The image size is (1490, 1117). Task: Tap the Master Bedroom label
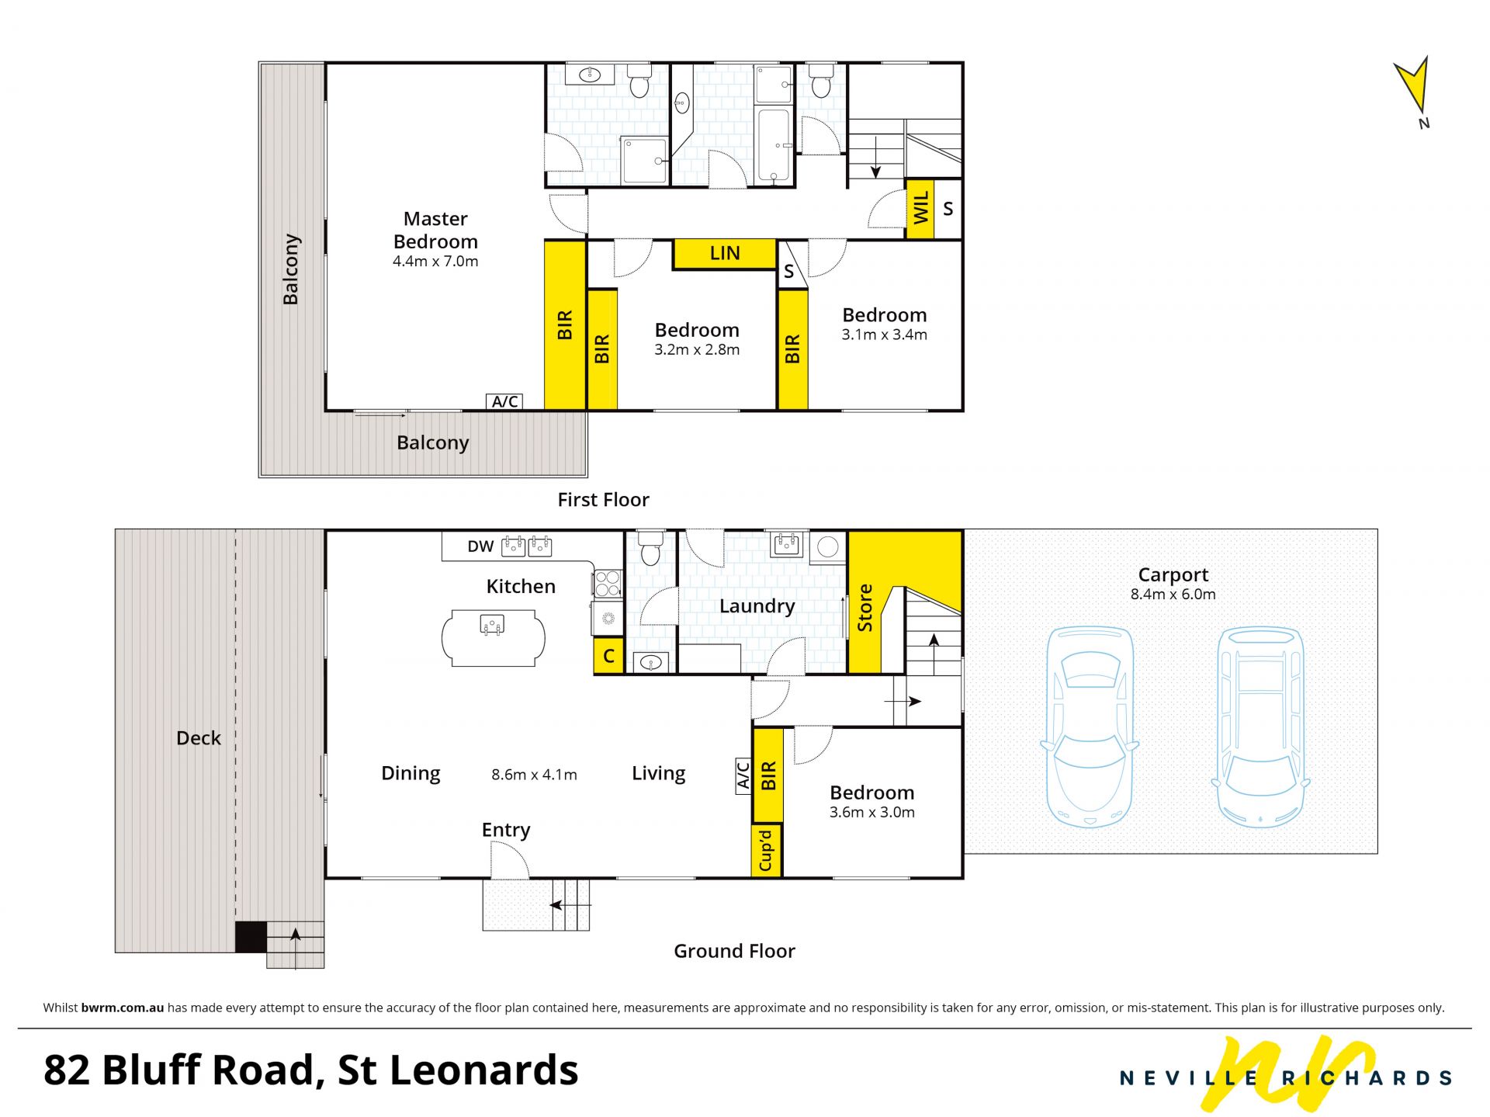pos(435,230)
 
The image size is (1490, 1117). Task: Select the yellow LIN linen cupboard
pos(724,253)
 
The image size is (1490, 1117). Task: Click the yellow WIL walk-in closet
pos(920,209)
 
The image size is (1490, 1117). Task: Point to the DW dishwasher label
pos(480,546)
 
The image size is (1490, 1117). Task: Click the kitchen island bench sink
pos(492,625)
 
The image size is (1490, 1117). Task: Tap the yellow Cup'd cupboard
pos(767,851)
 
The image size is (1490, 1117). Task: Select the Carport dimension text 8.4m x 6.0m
pos(1173,595)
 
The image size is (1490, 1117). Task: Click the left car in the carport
pos(1090,727)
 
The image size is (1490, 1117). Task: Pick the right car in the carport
pos(1260,727)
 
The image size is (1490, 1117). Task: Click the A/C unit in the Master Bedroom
pos(504,401)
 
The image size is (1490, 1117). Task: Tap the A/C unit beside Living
pos(743,775)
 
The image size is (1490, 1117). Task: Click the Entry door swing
pos(510,861)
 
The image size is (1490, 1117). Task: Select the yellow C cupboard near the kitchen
pos(608,656)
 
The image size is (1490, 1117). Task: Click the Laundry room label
pos(757,606)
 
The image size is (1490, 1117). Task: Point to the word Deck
pos(199,738)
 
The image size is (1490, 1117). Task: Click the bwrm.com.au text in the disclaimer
pos(123,1008)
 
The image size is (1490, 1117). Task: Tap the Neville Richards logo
pos(1285,1074)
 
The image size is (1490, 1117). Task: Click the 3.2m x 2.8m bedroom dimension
pos(697,350)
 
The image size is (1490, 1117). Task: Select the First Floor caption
pos(603,500)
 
